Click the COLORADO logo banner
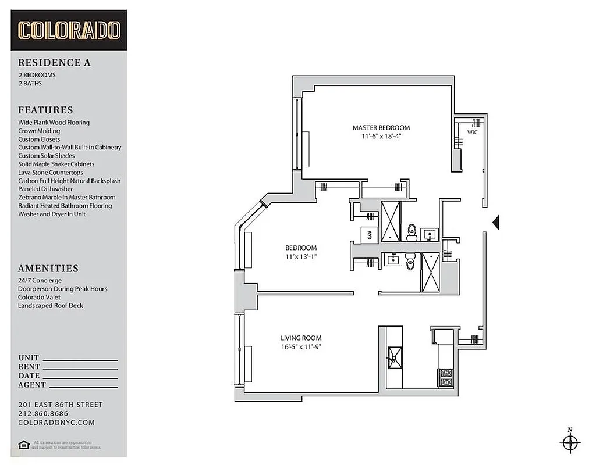pos(69,30)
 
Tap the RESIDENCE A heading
pos(54,63)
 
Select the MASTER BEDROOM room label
pos(381,128)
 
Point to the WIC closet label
pos(472,132)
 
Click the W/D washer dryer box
pos(370,235)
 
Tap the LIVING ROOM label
pos(301,338)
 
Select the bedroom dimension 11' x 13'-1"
pos(301,256)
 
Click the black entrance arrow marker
pos(496,222)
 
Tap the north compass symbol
pos(570,442)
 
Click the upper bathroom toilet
pos(412,232)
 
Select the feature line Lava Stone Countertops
pos(51,173)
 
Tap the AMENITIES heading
pos(48,269)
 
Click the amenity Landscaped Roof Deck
pos(50,306)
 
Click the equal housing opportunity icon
pos(24,445)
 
